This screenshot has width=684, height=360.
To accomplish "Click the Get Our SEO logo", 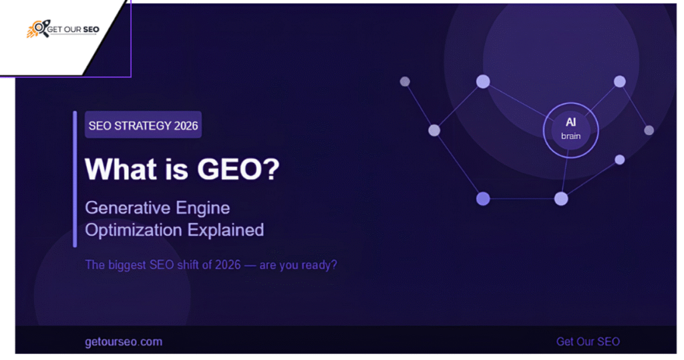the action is tap(63, 29).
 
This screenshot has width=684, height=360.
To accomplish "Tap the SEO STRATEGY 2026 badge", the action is tap(143, 125).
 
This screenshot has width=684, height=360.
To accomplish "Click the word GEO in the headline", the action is tap(229, 169).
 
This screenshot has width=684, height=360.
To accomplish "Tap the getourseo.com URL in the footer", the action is tap(124, 342).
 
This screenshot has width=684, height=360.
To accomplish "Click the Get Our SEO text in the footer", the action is tap(588, 342).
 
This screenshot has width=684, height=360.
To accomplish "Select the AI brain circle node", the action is tap(570, 130).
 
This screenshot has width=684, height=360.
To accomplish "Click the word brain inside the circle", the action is tap(570, 136).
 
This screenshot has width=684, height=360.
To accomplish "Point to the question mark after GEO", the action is tap(271, 169).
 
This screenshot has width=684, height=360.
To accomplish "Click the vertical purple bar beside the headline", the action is tap(75, 179).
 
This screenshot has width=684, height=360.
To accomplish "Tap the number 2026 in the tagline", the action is tap(227, 265).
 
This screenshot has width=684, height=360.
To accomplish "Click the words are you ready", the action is tap(299, 265).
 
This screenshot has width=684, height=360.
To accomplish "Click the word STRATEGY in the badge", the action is tap(143, 126).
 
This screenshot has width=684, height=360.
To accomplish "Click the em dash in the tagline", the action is tap(250, 265).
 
